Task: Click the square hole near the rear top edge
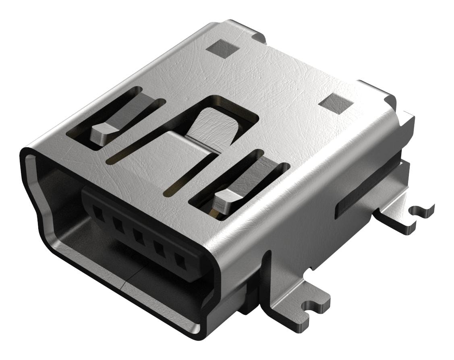[x=222, y=49]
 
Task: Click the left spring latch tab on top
[x=104, y=132]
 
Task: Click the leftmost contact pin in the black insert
[x=97, y=213]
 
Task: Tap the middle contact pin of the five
[x=139, y=238]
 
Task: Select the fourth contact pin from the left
[x=160, y=251]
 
